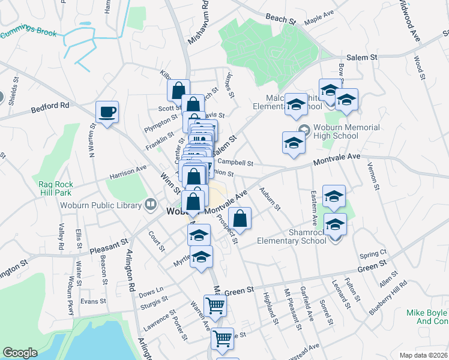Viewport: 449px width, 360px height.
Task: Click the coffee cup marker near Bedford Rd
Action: [107, 112]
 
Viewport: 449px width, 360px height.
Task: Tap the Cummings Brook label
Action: [28, 34]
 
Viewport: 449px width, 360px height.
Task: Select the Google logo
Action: [20, 353]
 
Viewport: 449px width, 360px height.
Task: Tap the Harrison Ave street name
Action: [128, 173]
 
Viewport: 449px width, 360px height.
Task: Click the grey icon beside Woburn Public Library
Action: [149, 205]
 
